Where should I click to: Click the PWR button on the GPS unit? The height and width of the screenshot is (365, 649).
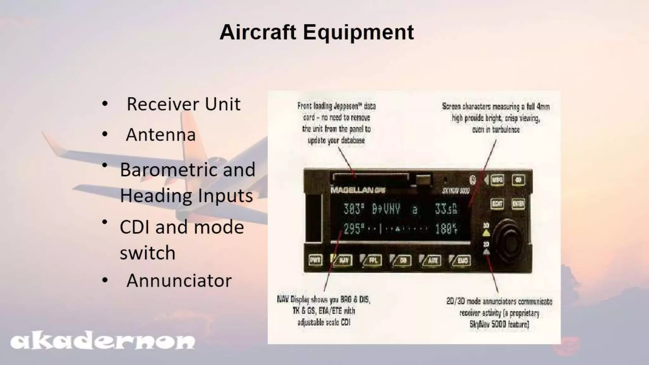[315, 260]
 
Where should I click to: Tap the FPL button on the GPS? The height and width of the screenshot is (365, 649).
[373, 260]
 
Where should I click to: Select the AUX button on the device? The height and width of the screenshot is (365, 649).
[433, 260]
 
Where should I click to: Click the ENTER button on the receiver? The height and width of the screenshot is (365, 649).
[518, 204]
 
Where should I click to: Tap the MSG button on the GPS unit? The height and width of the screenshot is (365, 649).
[497, 180]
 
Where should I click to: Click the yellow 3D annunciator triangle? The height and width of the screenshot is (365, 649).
[486, 233]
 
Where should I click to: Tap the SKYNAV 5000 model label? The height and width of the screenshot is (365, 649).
[455, 191]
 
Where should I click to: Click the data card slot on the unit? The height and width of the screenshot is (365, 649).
[370, 177]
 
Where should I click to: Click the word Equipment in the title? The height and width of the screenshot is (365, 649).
[358, 32]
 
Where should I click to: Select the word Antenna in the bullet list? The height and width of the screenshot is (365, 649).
[161, 135]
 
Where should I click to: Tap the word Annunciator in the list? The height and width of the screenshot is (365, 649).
[179, 281]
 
